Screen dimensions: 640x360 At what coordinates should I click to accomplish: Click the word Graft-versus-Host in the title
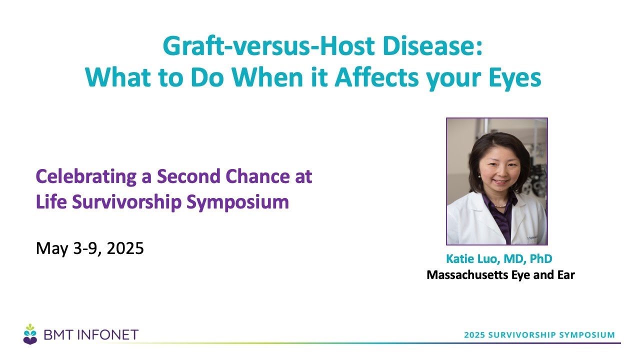tap(268, 46)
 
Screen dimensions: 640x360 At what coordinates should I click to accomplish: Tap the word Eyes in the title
tap(515, 78)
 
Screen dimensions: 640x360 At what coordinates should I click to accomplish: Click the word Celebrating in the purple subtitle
tap(86, 177)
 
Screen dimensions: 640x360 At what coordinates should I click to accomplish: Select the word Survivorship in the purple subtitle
tap(126, 202)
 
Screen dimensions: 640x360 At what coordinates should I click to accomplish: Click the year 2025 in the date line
tap(125, 248)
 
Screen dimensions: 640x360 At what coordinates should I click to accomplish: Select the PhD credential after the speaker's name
tap(541, 258)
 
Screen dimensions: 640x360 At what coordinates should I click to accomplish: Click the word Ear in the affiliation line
tap(566, 275)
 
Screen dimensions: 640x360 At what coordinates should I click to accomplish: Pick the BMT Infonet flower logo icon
tap(30, 334)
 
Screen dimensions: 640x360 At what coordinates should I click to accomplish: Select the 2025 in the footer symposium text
tap(474, 335)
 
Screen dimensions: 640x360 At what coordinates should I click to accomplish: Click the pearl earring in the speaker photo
tap(479, 176)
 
